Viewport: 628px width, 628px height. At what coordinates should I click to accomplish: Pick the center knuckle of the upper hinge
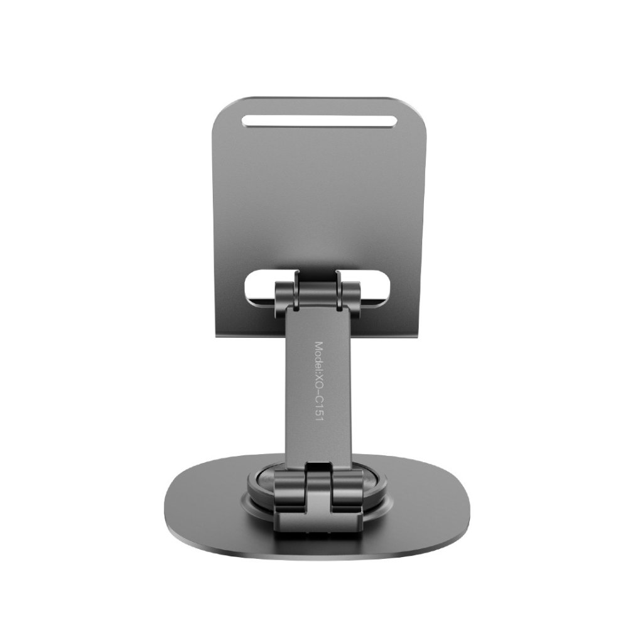click(x=320, y=290)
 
